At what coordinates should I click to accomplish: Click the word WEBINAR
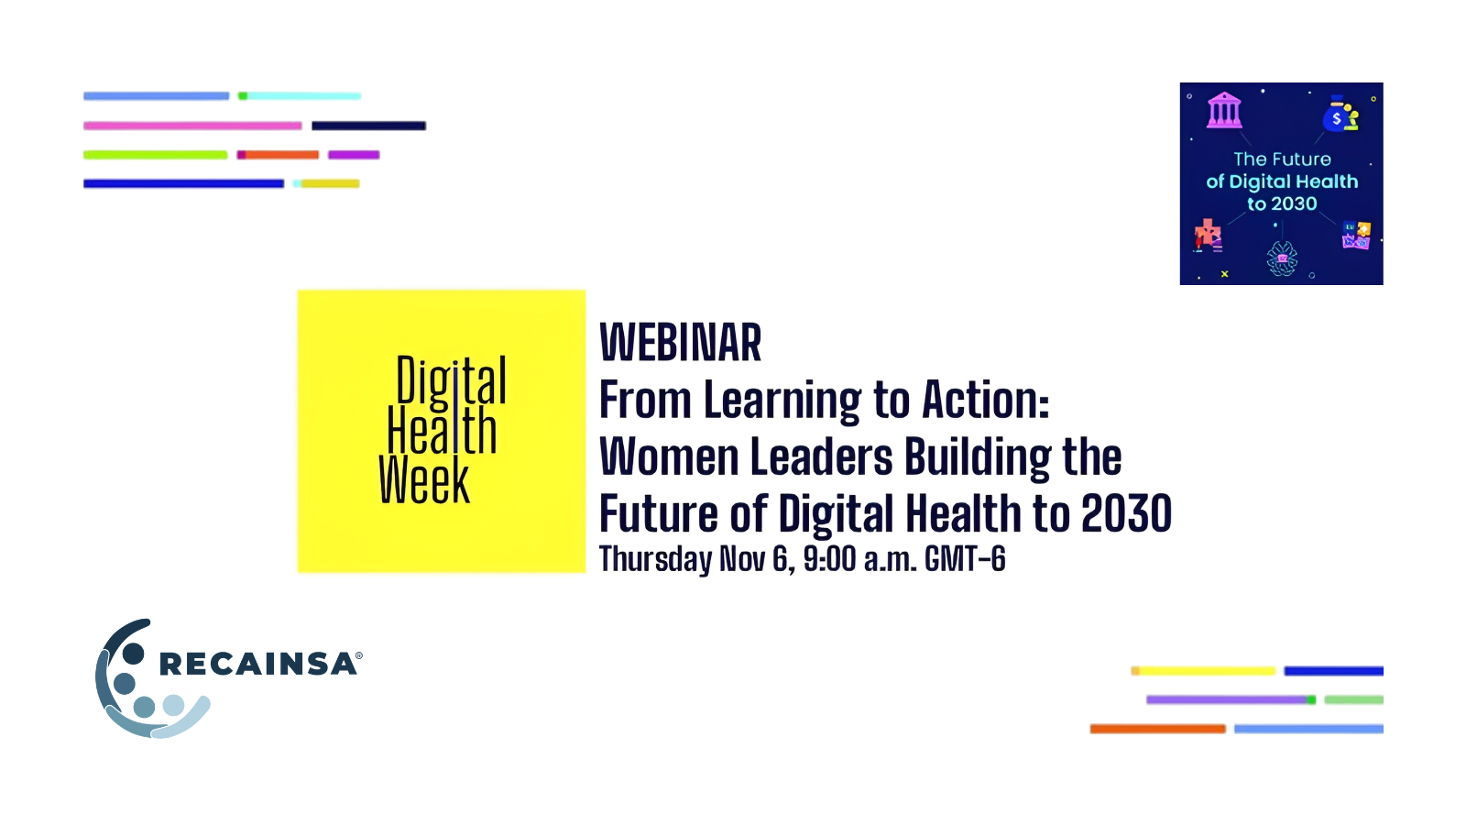click(681, 342)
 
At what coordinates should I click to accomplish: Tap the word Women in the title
click(668, 456)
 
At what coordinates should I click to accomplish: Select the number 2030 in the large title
click(1126, 513)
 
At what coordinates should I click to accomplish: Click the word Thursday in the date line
click(655, 560)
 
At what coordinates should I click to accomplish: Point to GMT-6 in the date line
click(965, 558)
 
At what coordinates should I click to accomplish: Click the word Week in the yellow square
click(424, 480)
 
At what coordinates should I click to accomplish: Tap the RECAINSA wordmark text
click(258, 664)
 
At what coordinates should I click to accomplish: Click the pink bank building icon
click(1224, 110)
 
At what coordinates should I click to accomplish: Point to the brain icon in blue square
click(1282, 258)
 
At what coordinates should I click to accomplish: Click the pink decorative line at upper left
click(192, 126)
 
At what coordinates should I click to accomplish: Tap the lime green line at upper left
click(155, 155)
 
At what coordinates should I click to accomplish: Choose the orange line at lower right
click(1158, 729)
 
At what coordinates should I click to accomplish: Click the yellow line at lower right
click(1204, 670)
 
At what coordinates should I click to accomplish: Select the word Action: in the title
click(986, 400)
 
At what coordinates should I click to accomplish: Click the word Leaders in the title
click(821, 456)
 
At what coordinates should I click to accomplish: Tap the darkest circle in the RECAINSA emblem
click(133, 654)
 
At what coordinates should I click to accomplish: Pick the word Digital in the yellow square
click(451, 379)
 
